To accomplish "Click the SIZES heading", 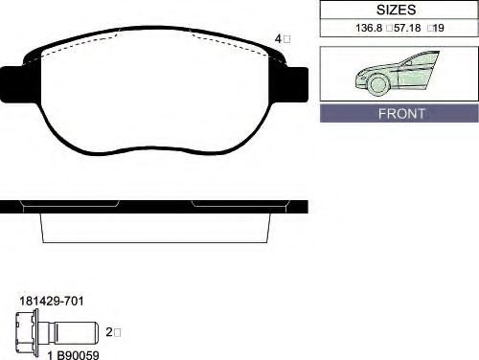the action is pos(396,10).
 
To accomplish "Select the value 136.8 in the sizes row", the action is pos(369,28).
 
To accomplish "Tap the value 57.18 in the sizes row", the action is pos(407,28).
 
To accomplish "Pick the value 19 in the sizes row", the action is pos(439,28).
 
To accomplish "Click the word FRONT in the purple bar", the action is pos(401,114).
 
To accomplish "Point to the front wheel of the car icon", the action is pos(378,84).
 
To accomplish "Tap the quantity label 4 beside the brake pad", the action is pos(278,39).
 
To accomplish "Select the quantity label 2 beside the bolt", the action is pos(109,332).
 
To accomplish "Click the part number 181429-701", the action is pos(52,301).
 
